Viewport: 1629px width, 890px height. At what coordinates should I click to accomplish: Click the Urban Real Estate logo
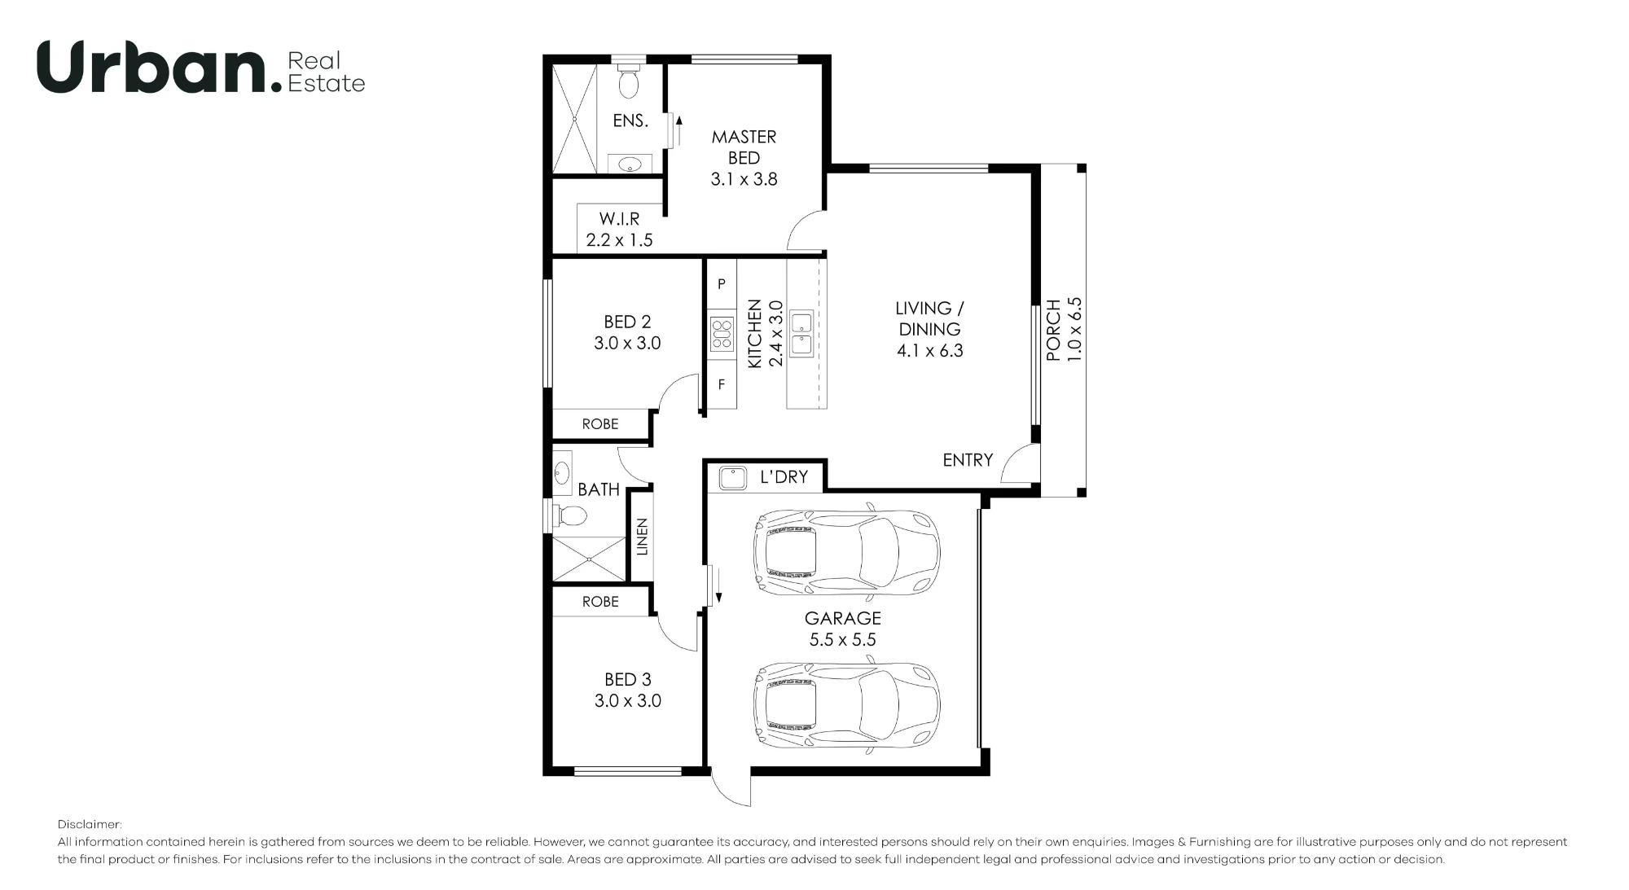201,68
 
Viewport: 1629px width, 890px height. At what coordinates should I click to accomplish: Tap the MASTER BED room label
744,147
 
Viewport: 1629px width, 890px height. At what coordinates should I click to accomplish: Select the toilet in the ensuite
628,80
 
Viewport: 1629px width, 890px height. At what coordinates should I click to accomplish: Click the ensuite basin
630,165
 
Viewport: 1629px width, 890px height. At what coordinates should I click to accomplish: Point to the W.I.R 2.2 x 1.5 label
619,230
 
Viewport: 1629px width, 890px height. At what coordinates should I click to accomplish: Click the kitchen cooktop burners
722,334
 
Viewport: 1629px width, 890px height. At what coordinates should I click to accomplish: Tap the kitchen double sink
801,334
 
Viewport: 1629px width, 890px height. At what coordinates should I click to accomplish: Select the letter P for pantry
721,285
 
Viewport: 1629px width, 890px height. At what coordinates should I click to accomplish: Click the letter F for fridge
722,384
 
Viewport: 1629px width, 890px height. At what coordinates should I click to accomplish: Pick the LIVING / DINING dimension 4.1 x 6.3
930,351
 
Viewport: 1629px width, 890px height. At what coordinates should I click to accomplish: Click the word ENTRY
968,460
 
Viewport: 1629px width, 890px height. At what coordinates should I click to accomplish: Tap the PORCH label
1054,330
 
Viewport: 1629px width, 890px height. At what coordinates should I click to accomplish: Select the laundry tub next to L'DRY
733,477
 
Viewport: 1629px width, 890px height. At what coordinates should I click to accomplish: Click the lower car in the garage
847,703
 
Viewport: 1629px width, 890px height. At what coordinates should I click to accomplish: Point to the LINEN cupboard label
642,537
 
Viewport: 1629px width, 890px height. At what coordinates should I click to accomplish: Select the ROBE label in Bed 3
600,602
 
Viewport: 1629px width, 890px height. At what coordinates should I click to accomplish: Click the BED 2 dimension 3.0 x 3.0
627,344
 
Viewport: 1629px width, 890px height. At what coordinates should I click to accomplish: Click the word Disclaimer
90,825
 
